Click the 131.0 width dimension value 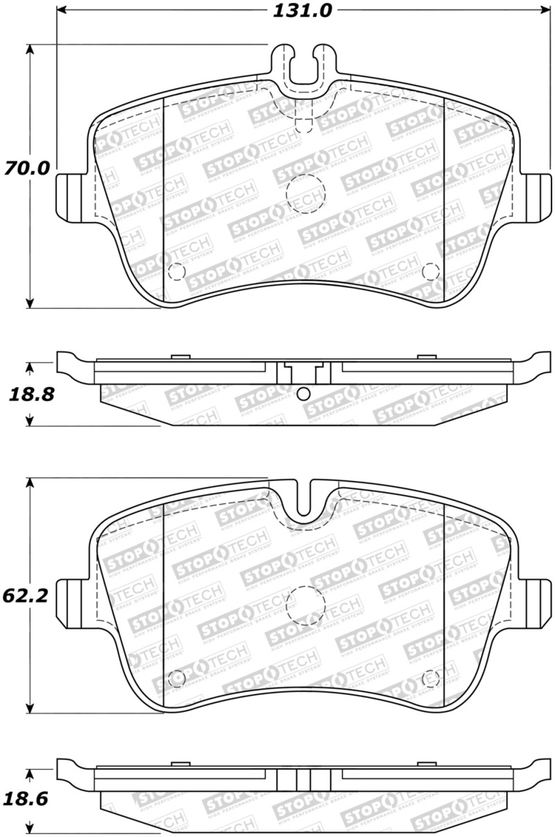tap(304, 10)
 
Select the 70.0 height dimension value tap(27, 169)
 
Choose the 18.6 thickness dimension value tap(27, 799)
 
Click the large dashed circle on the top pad tap(305, 190)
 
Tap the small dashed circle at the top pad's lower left tap(177, 271)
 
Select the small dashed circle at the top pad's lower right tap(430, 271)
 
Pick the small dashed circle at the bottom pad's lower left tap(176, 676)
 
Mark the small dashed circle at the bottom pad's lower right tap(431, 676)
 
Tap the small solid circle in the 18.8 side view tap(302, 394)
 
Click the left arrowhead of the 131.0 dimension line tap(61, 10)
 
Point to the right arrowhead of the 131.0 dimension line tap(543, 10)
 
